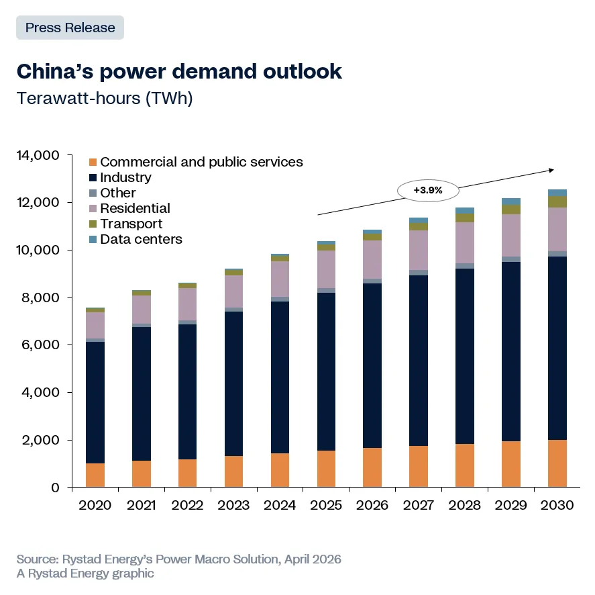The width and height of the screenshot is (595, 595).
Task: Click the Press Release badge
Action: point(70,28)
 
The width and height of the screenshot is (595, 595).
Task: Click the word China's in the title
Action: point(54,71)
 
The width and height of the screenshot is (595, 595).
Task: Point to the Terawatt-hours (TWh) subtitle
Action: point(105,99)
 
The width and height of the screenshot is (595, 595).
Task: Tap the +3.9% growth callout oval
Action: point(428,190)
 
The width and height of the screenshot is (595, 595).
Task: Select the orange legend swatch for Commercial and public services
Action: point(93,163)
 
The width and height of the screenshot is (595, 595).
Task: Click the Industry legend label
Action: point(125,177)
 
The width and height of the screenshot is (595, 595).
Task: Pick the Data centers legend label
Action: point(141,239)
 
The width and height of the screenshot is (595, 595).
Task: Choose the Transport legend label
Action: point(131,224)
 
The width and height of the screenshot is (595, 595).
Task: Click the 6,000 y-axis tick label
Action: point(40,345)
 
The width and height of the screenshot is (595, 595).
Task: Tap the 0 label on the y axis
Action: point(56,488)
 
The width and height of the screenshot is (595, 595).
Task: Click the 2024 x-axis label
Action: point(280,505)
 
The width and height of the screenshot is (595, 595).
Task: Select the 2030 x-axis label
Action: point(557,505)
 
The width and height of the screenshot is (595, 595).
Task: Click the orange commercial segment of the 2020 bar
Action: point(95,475)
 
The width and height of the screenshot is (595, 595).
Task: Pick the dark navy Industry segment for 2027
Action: point(419,360)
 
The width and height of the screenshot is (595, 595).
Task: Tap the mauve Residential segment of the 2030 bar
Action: point(557,230)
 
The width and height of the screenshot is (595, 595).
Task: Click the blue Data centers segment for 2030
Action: point(557,193)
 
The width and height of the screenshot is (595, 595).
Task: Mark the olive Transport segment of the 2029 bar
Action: point(511,210)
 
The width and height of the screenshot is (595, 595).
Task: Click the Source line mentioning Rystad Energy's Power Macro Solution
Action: point(178,559)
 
